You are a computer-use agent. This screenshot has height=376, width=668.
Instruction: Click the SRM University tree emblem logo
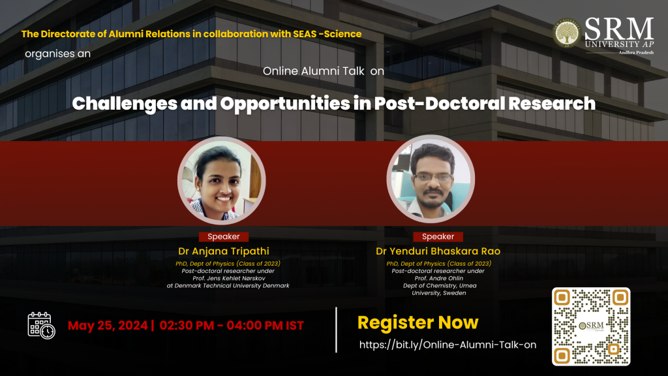567,33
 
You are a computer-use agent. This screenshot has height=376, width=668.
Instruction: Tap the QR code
591,326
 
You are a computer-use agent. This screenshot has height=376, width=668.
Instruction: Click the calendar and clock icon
41,326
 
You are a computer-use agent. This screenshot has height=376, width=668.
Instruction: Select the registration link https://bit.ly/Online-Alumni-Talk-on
448,345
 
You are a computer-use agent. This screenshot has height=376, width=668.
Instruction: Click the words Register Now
418,322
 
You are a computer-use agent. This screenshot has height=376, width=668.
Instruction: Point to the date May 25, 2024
108,326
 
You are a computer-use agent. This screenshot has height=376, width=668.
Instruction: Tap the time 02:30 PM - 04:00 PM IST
232,326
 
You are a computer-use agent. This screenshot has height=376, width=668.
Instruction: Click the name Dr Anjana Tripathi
224,251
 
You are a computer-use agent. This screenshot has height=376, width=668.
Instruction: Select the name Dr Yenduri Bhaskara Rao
438,251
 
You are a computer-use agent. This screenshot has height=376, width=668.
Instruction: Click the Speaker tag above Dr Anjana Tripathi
224,236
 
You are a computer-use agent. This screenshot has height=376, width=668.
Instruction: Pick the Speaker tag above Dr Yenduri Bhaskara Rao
438,236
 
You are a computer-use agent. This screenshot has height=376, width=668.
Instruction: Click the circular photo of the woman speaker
222,181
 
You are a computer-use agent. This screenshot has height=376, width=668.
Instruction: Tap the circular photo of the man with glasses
431,179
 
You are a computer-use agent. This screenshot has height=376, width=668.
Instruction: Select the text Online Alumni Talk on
324,71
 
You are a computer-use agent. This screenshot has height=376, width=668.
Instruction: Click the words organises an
57,54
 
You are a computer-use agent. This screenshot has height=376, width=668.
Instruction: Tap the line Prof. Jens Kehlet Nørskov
229,278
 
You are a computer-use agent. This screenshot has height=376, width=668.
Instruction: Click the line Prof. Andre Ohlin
439,278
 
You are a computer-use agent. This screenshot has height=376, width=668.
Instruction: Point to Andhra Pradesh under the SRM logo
636,52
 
